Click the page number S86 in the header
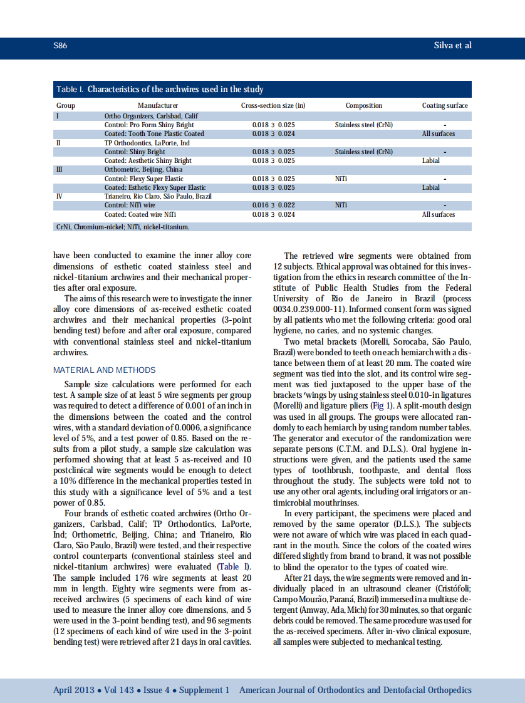point(60,46)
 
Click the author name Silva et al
point(452,46)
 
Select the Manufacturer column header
point(157,105)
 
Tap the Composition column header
point(363,105)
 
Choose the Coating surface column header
point(445,105)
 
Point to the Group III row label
point(60,169)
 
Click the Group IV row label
point(60,196)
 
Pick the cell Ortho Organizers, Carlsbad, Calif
point(150,116)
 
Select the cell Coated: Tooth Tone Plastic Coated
point(153,133)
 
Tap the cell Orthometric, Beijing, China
point(143,169)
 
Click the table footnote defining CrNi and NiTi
point(122,226)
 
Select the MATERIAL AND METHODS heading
point(105,370)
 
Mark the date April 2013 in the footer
point(74,690)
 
